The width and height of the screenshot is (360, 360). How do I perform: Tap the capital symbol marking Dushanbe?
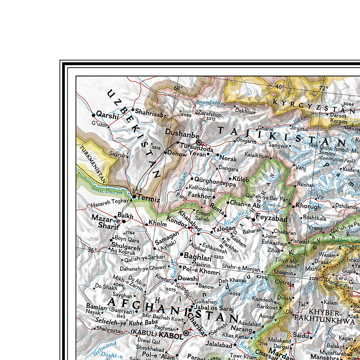198,143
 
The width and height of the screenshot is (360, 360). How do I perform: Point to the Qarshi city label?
107,116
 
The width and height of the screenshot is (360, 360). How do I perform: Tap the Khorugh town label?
308,207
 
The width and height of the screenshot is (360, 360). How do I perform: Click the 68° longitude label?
178,88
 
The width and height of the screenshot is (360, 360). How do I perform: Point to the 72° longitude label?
323,88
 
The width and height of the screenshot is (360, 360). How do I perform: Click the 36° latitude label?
93,250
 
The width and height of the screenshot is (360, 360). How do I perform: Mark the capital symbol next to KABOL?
186,333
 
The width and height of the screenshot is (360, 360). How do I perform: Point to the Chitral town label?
283,283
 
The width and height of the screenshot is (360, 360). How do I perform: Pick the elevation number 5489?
186,115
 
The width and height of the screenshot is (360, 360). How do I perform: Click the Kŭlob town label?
240,179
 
